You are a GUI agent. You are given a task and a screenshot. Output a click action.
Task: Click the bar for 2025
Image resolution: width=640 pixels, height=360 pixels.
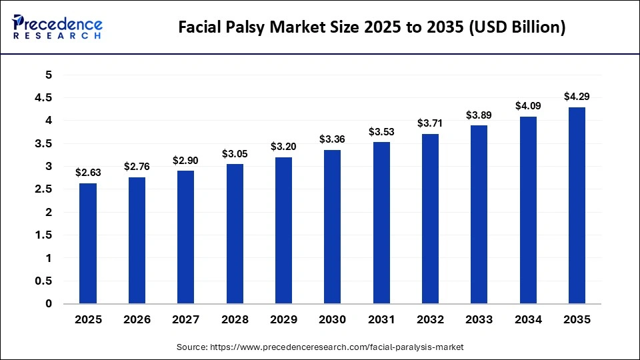tap(88, 243)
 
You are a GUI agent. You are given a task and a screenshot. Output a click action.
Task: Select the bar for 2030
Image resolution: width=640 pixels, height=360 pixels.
tap(332, 227)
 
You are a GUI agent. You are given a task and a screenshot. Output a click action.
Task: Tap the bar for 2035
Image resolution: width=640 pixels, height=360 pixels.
tap(576, 205)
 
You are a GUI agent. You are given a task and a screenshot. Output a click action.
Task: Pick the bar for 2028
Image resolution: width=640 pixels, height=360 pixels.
tap(234, 233)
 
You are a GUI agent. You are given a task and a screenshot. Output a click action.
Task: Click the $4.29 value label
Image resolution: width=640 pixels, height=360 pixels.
tap(576, 97)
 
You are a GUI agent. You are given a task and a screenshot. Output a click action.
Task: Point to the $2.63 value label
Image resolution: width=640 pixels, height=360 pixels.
tap(88, 173)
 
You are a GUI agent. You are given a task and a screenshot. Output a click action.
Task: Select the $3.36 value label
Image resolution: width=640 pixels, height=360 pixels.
tap(332, 139)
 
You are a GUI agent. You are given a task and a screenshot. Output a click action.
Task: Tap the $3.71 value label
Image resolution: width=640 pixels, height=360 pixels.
tap(429, 123)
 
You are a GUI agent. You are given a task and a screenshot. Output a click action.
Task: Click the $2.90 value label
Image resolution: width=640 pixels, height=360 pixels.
tap(185, 161)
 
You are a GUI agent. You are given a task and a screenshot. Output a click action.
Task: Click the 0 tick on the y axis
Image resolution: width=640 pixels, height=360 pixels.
tap(48, 304)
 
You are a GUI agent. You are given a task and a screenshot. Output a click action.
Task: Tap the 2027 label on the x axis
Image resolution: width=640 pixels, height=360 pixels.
tap(185, 320)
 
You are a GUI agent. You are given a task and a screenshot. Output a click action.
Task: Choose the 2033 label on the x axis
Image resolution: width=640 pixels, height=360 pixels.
tap(479, 320)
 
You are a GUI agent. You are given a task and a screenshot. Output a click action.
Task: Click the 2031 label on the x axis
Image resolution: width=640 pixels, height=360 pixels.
tap(381, 320)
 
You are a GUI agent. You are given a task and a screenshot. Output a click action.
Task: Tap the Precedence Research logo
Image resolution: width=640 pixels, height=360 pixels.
tap(57, 27)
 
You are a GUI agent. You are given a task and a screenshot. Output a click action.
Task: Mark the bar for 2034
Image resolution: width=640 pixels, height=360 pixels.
tap(527, 210)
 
